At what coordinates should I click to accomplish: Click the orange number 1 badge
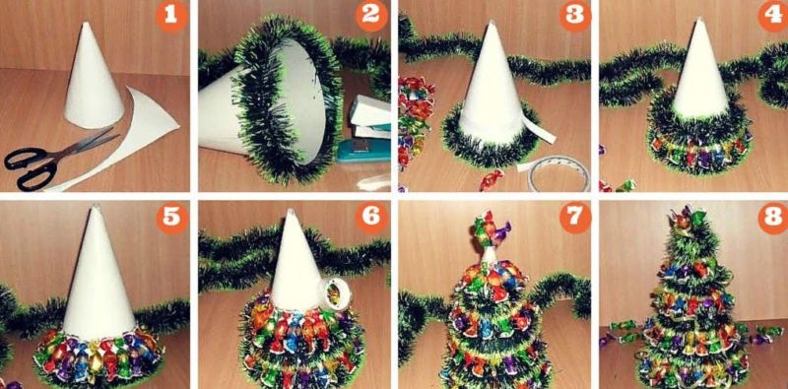pyautogui.click(x=170, y=17)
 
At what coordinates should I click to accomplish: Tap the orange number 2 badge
pyautogui.click(x=371, y=17)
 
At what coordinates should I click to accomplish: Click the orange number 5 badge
pyautogui.click(x=171, y=218)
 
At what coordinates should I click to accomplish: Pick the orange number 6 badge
pyautogui.click(x=371, y=218)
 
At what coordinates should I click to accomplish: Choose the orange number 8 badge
pyautogui.click(x=774, y=218)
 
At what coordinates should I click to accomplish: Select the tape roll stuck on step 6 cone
pyautogui.click(x=333, y=292)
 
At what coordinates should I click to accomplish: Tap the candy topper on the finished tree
pyautogui.click(x=687, y=219)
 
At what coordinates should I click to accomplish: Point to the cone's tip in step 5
pyautogui.click(x=95, y=207)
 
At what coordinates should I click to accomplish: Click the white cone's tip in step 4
pyautogui.click(x=698, y=20)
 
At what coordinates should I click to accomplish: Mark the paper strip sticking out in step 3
pyautogui.click(x=539, y=130)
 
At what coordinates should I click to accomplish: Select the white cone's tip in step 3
pyautogui.click(x=491, y=23)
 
